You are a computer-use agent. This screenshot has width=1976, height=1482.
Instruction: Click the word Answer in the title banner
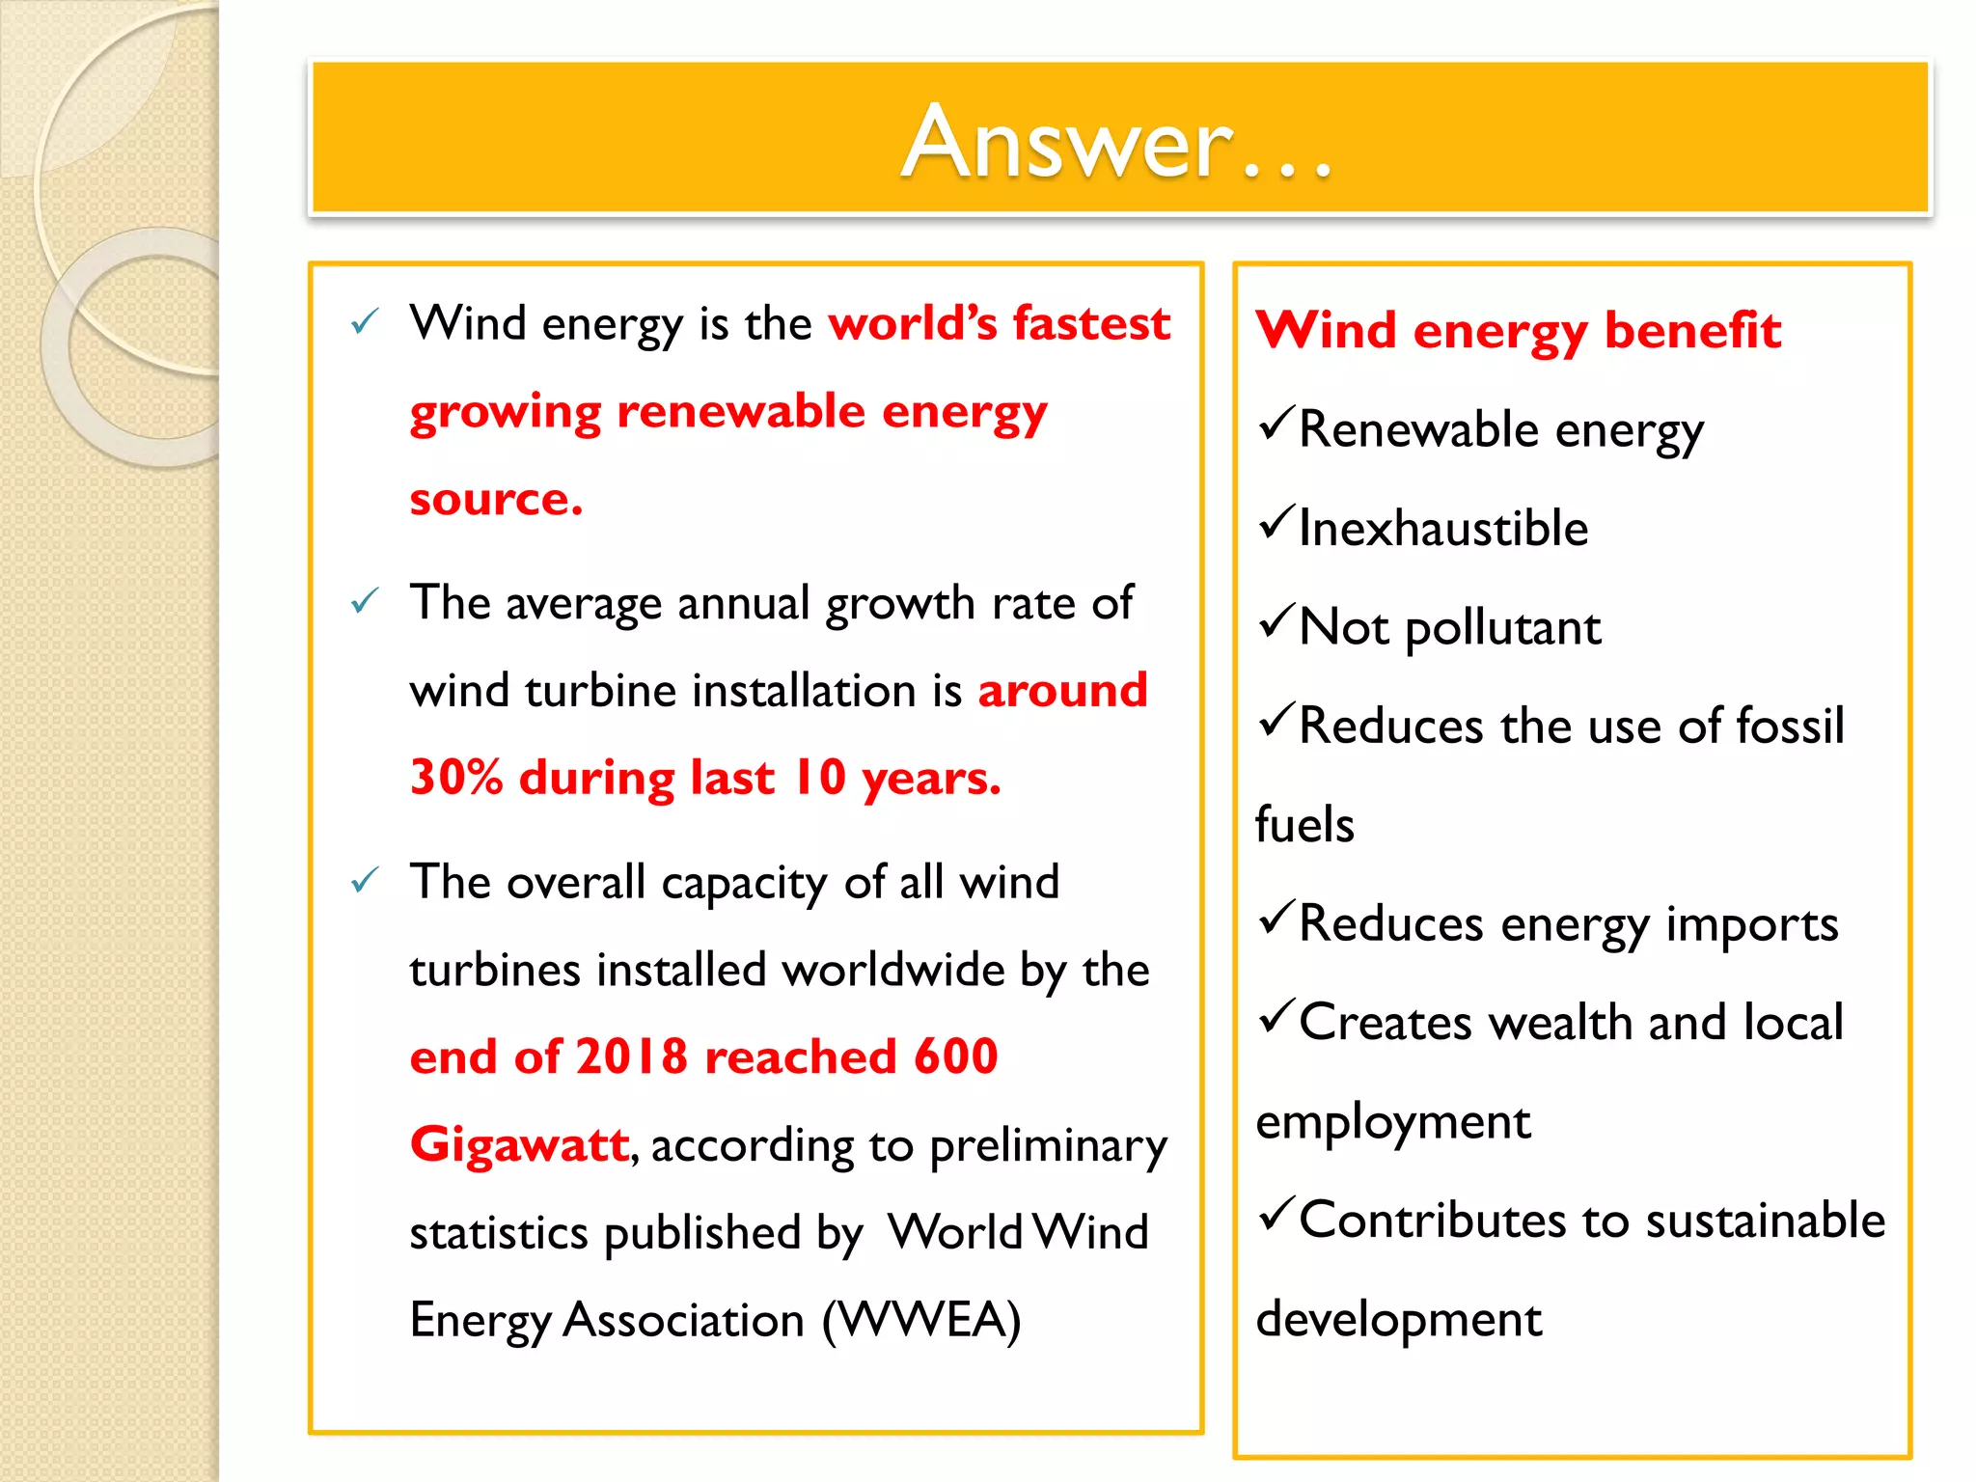tap(1067, 143)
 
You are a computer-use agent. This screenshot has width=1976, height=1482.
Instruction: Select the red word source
tap(495, 499)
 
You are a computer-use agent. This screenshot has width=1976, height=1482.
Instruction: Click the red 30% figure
tap(456, 777)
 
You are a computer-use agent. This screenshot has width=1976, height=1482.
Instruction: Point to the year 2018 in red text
tap(631, 1057)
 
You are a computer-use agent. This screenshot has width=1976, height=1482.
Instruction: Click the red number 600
tap(955, 1057)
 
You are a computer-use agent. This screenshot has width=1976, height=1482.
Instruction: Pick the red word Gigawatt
tap(519, 1145)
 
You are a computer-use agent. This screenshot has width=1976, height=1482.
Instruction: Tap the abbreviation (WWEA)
tap(920, 1320)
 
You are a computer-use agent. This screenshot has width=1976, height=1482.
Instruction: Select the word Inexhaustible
tap(1442, 529)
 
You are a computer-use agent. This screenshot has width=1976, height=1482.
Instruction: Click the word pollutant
tap(1502, 629)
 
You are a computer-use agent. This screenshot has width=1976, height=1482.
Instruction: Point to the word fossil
tap(1790, 726)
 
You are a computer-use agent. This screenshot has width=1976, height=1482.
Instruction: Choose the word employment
tap(1392, 1122)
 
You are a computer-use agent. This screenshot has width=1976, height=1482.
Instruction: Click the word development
tap(1398, 1320)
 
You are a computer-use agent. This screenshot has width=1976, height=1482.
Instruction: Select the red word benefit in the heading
tap(1692, 330)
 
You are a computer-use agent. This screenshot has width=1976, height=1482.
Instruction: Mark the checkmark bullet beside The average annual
tap(364, 602)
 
